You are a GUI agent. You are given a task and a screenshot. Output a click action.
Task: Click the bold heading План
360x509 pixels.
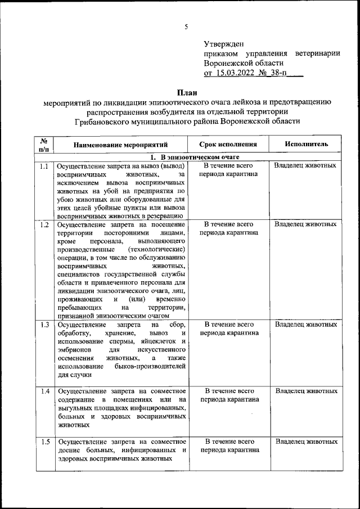[x=187, y=92]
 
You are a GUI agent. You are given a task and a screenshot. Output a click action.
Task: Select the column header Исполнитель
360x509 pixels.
[x=306, y=145]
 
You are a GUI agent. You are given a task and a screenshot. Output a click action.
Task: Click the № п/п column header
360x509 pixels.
[x=44, y=145]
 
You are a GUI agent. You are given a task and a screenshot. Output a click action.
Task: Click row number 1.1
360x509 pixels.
[x=44, y=166]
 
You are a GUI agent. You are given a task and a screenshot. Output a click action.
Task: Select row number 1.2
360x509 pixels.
[x=44, y=225]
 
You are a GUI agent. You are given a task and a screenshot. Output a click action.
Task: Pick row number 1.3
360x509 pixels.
[x=44, y=325]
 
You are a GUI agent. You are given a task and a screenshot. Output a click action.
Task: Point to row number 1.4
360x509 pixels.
[x=44, y=391]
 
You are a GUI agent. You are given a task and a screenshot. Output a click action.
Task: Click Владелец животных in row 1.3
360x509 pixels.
[x=306, y=325]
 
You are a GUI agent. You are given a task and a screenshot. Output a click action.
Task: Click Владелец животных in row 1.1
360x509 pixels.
[x=306, y=166]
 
